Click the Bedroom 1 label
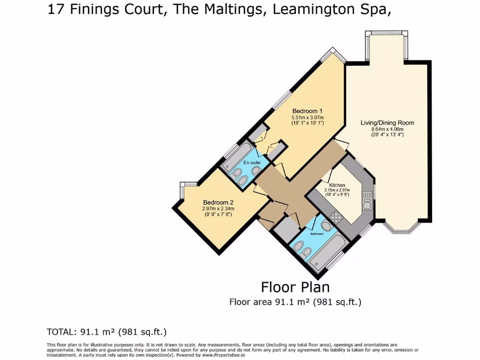[307, 111]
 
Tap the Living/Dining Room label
[387, 123]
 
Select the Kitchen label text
[337, 185]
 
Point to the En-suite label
[252, 163]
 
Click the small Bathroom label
[317, 234]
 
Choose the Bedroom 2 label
[218, 202]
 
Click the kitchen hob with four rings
[336, 217]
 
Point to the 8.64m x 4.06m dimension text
[387, 129]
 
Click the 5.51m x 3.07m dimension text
[307, 117]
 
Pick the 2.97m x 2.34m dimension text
[218, 209]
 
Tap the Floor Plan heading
[295, 287]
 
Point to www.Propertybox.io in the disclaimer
[223, 355]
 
